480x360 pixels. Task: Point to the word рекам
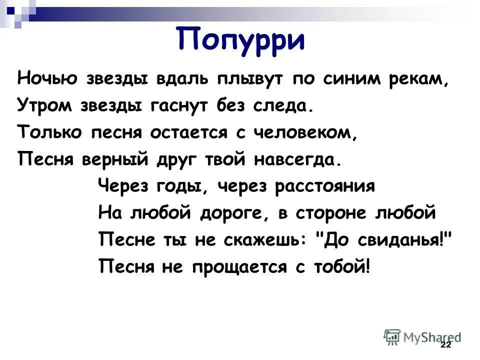pyautogui.click(x=430, y=79)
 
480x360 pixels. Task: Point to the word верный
pyautogui.click(x=126, y=159)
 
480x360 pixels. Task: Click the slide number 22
pyautogui.click(x=446, y=346)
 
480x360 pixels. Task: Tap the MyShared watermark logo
pyautogui.click(x=423, y=336)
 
